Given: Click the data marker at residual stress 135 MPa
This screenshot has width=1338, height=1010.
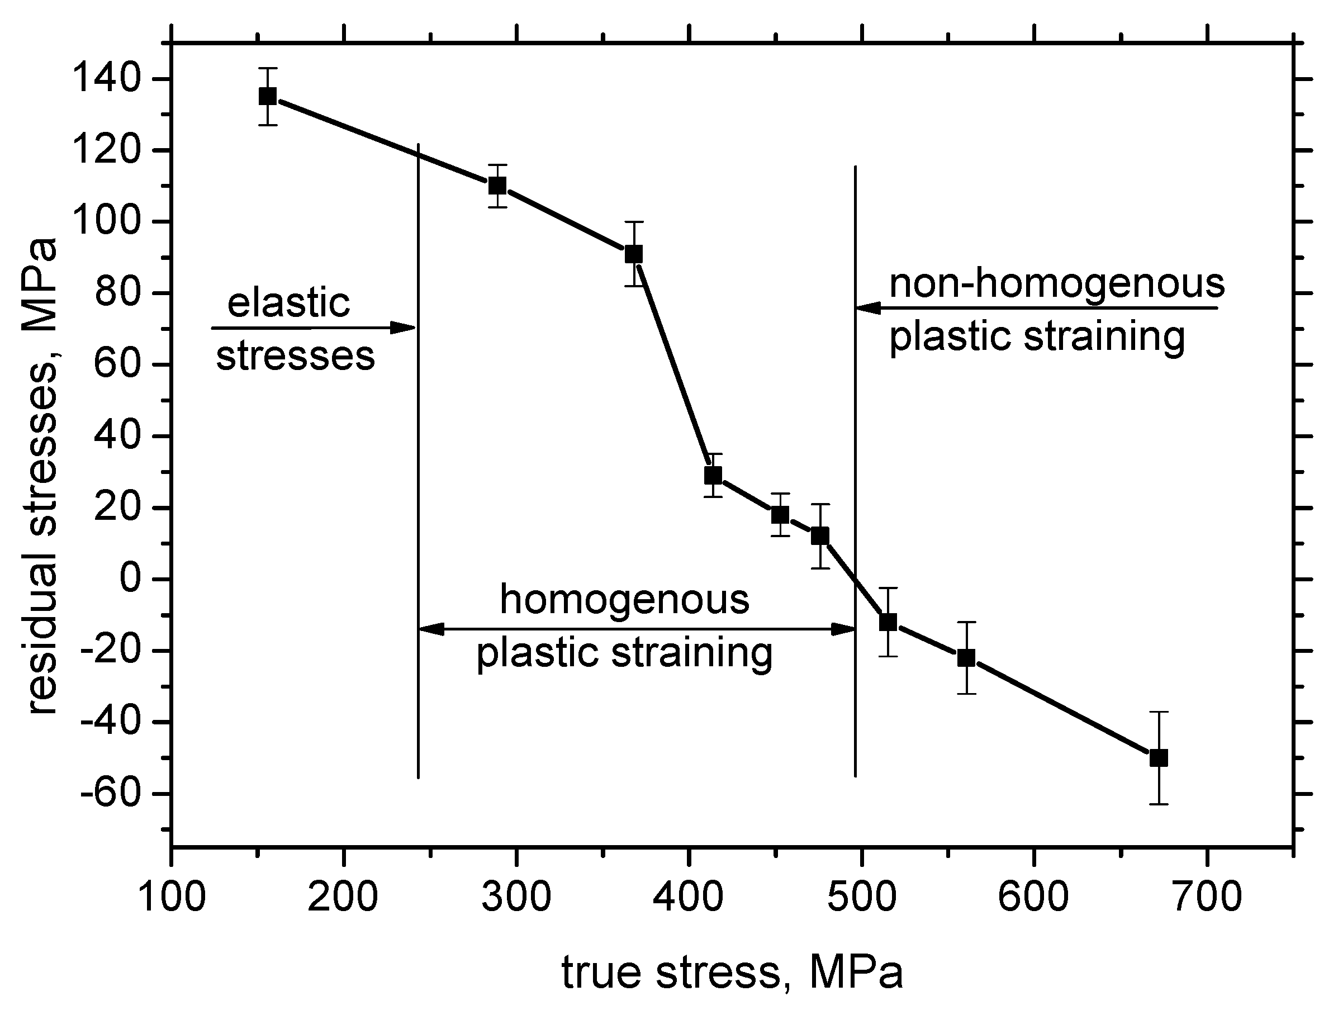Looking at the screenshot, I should [268, 96].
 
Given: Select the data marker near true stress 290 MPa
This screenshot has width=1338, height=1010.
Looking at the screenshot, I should [497, 186].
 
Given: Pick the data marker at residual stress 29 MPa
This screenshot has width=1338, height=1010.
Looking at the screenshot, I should [713, 475].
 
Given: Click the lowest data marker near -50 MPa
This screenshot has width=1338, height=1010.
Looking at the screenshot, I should [1159, 758].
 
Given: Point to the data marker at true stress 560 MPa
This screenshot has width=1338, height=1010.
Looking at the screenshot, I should [966, 658].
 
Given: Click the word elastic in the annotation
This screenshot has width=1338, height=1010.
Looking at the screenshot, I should [288, 302].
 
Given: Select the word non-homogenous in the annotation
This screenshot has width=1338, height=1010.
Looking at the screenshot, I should [1057, 283].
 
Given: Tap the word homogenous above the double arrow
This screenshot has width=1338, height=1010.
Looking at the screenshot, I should [625, 599].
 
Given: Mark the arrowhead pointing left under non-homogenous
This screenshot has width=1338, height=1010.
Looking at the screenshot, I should [869, 309].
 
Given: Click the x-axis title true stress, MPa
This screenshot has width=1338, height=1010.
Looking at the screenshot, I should [732, 972].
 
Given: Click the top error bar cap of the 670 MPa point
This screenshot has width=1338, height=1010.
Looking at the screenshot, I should [1159, 712].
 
